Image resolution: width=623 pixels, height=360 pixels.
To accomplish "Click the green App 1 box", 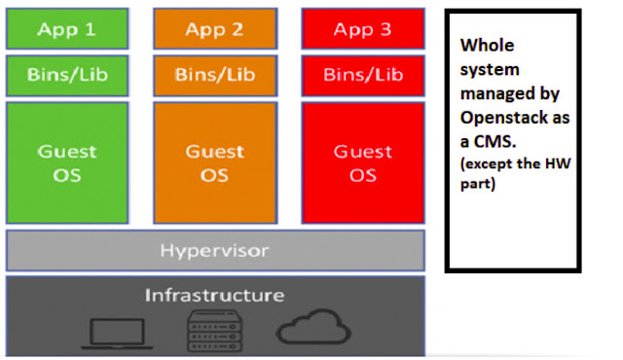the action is click(x=67, y=28).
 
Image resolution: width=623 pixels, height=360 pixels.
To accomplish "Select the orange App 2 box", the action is click(x=215, y=28).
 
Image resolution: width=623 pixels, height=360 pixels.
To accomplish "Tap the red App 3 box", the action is click(x=363, y=28).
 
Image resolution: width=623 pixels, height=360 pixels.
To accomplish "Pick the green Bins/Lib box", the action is click(x=67, y=76).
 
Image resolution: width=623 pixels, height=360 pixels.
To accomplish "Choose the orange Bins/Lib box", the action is click(x=215, y=76).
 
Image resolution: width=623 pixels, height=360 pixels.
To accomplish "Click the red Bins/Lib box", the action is click(x=363, y=76).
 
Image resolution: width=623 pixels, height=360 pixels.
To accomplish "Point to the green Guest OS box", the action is click(x=67, y=162).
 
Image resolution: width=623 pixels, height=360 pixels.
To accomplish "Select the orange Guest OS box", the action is click(x=215, y=162).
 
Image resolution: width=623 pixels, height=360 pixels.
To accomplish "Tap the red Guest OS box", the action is click(x=363, y=162).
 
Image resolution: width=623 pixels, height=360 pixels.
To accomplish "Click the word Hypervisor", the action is click(x=214, y=251).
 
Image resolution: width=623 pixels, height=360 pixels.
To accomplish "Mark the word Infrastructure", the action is click(x=214, y=296).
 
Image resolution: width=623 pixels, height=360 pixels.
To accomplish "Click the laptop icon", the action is click(x=117, y=334).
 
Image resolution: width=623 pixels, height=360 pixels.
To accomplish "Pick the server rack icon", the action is click(x=214, y=331).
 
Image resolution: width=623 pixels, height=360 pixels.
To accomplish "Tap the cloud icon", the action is click(x=313, y=327).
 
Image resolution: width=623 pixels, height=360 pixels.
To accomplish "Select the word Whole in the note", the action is click(x=487, y=46).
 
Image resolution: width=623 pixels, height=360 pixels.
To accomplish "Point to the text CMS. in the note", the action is click(x=495, y=142).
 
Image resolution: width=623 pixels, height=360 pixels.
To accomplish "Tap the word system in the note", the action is click(x=490, y=70).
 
